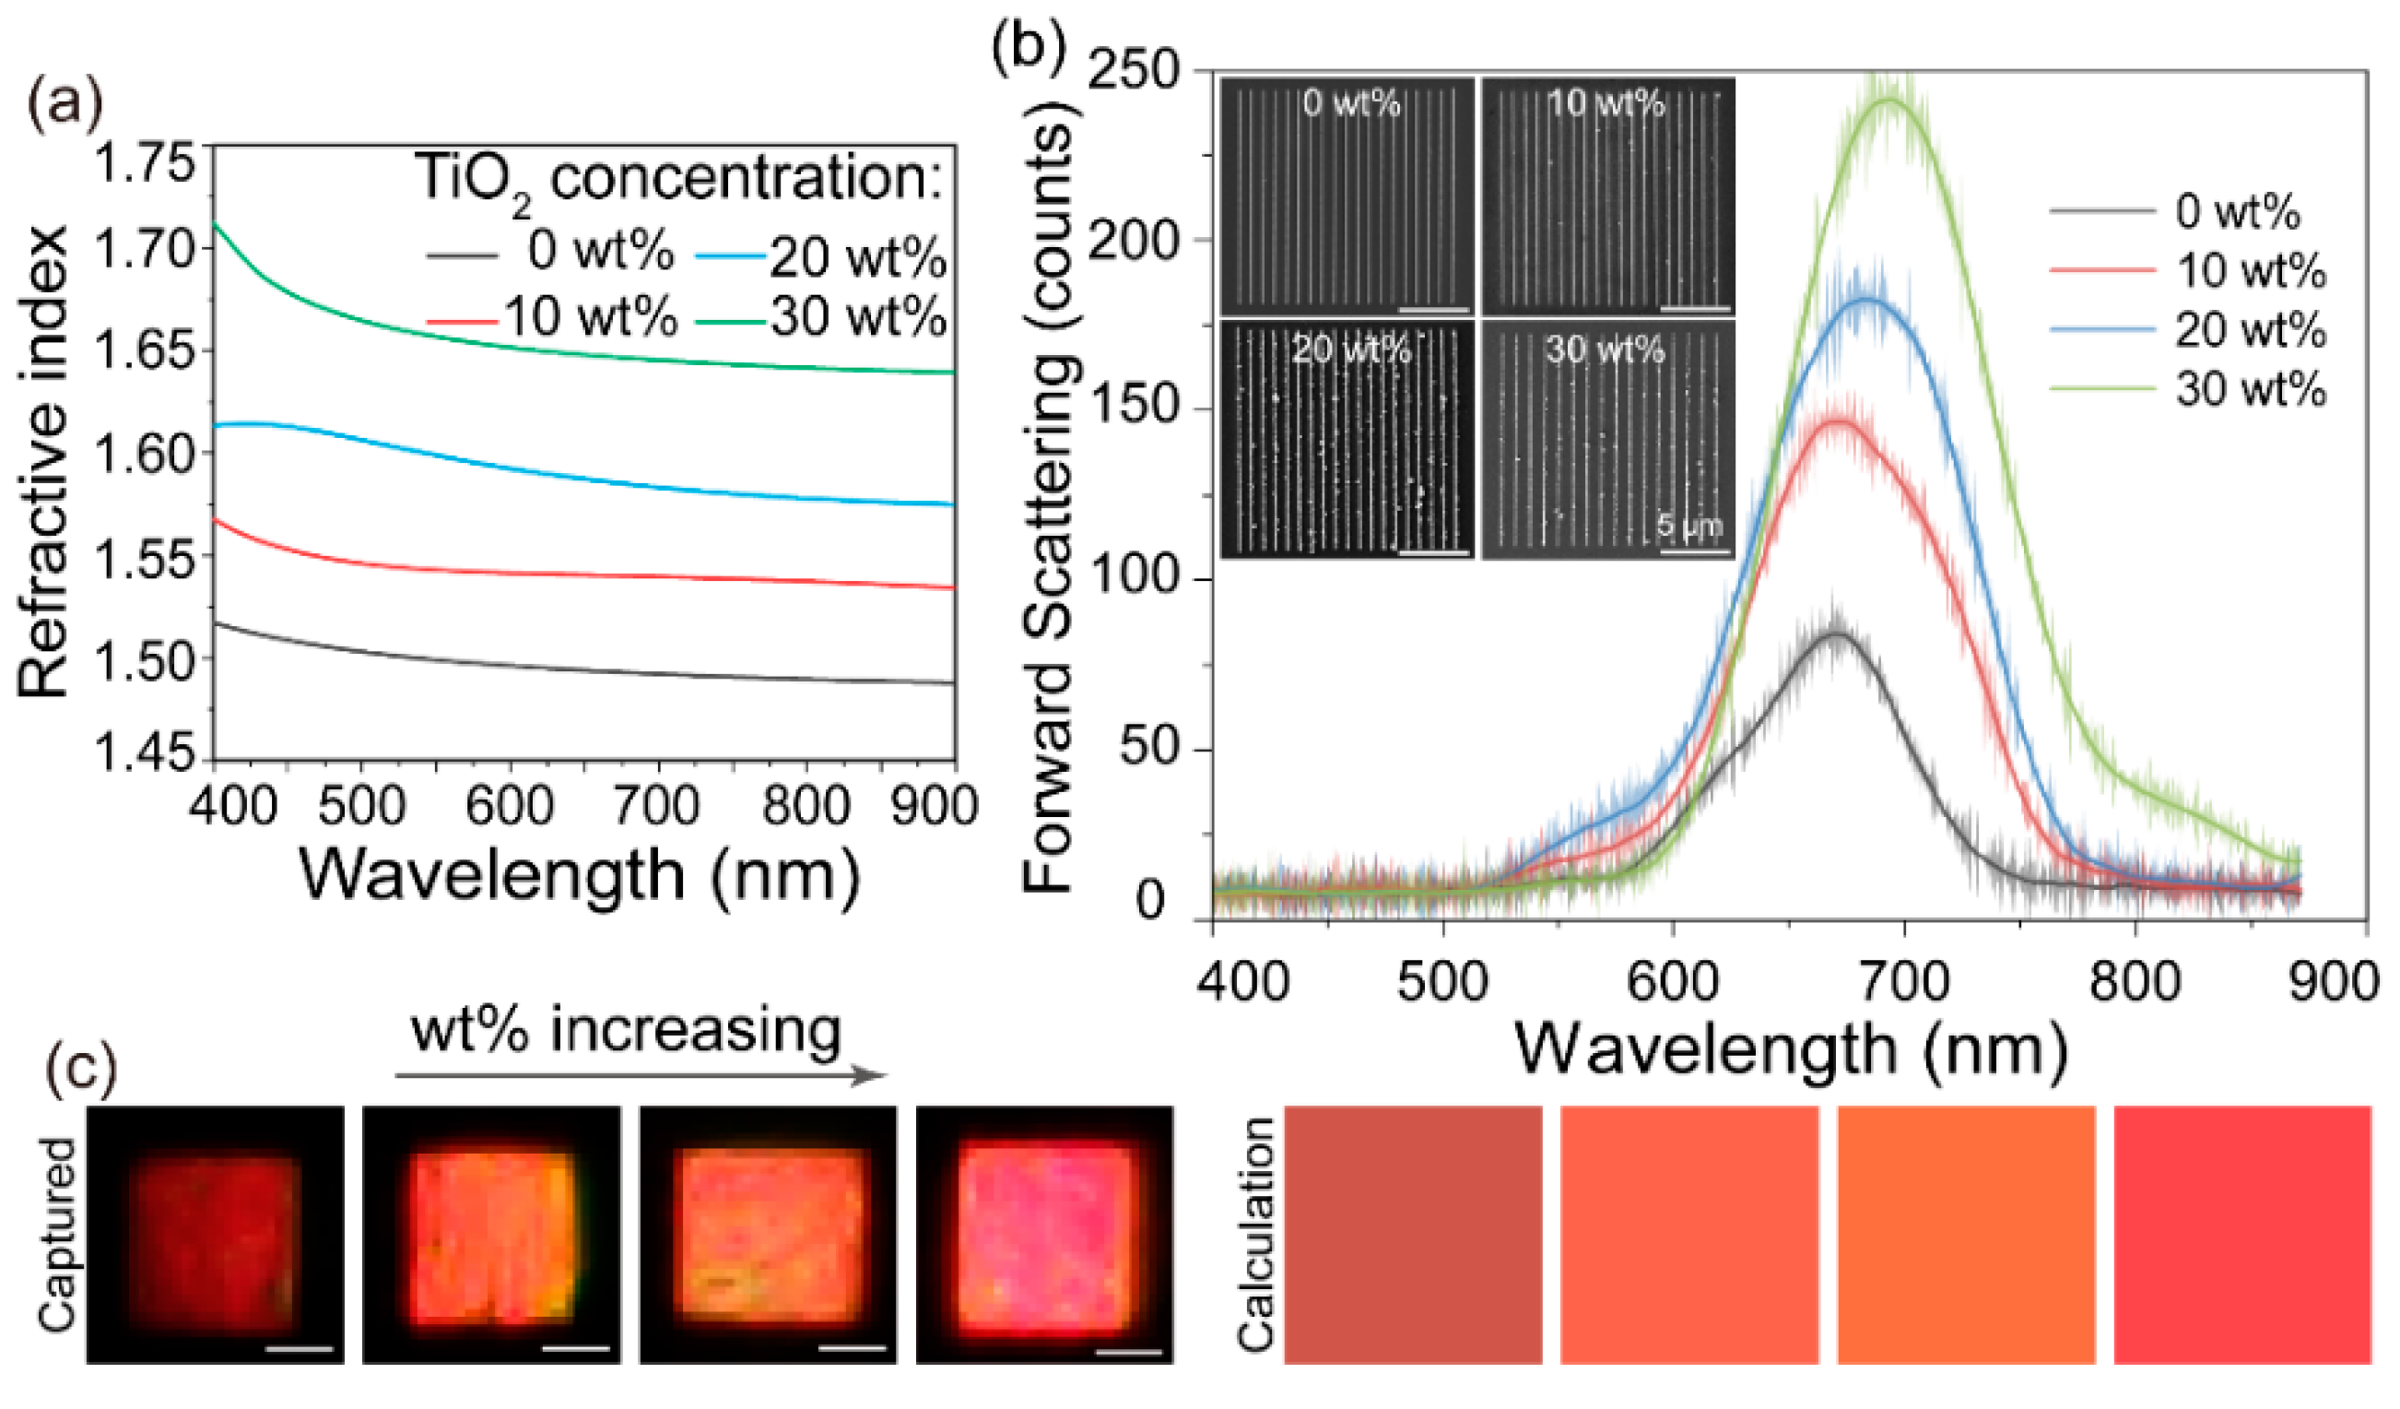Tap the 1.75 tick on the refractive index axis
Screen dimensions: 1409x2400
(143, 162)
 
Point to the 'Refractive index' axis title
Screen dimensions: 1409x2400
(42, 462)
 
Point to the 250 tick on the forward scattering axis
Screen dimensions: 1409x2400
(1134, 71)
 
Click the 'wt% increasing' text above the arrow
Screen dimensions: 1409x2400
(626, 1031)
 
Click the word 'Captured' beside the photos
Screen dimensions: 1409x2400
(57, 1234)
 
